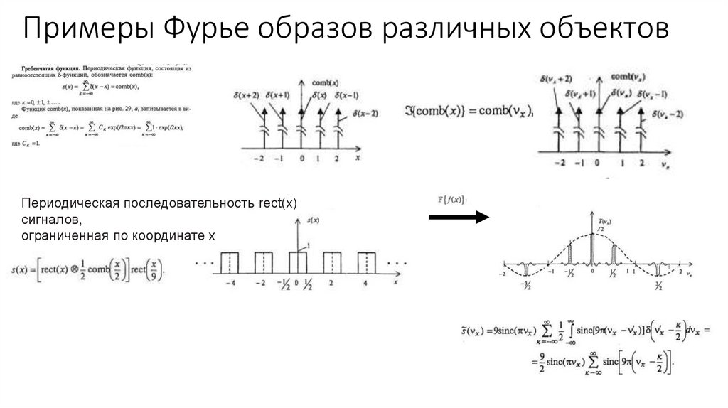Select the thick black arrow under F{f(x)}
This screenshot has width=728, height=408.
pos(459,216)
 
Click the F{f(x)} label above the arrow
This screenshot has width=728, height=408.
pos(450,199)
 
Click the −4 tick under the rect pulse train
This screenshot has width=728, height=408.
pos(228,283)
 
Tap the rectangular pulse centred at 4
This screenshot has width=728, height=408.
pos(367,262)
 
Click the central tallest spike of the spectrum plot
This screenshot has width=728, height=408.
pos(591,249)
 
